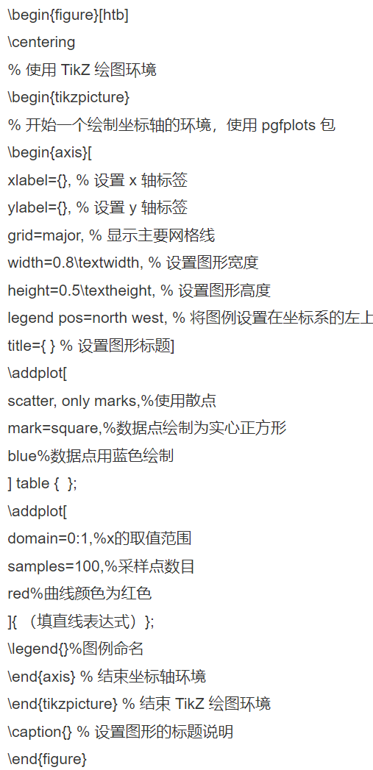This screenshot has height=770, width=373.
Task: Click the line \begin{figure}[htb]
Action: (68, 15)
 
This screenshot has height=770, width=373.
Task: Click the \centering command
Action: (42, 42)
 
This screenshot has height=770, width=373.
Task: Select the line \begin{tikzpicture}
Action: (69, 97)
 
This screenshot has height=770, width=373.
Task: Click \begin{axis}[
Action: (49, 153)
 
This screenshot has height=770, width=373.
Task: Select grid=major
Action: (44, 236)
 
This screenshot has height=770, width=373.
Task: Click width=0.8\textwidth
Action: (74, 263)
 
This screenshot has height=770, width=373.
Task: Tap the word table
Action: (33, 484)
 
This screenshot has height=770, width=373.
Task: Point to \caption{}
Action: (40, 732)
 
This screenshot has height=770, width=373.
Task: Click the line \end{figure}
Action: (47, 759)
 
